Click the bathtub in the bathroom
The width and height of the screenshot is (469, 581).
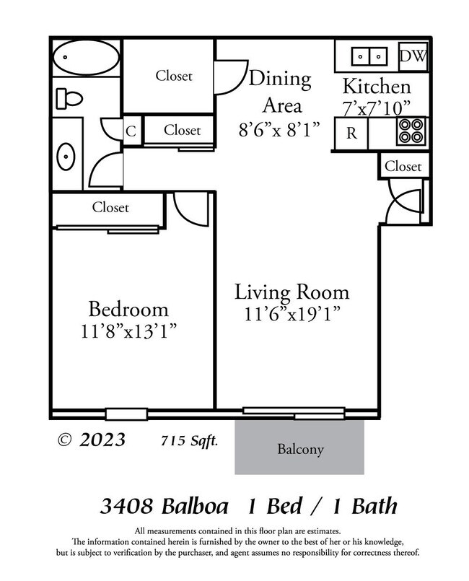click(x=85, y=55)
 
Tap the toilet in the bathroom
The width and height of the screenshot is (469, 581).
click(x=69, y=96)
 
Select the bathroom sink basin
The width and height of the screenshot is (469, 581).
click(x=66, y=154)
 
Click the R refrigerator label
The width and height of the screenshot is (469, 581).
click(x=351, y=133)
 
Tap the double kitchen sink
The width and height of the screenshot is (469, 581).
click(x=368, y=56)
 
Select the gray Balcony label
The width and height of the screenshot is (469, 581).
click(x=300, y=449)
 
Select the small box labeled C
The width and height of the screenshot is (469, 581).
click(x=131, y=131)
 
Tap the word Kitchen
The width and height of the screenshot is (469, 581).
click(x=376, y=87)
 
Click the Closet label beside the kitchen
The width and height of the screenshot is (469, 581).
click(x=403, y=166)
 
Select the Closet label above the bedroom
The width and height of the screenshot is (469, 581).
click(x=110, y=208)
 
